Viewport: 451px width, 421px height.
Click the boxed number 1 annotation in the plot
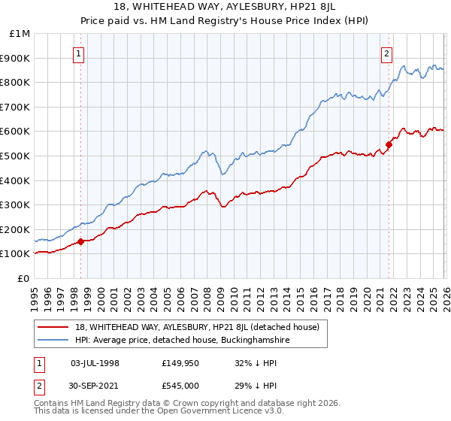(x=79, y=53)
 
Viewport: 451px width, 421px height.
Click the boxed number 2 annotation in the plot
(x=386, y=53)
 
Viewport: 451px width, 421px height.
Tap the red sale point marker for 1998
(x=81, y=241)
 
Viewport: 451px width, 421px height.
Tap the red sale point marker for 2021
(x=389, y=144)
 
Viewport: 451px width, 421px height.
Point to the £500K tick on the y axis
(x=15, y=156)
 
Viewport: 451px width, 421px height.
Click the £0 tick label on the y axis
(x=23, y=278)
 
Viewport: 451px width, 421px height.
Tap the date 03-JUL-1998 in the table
(x=94, y=363)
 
